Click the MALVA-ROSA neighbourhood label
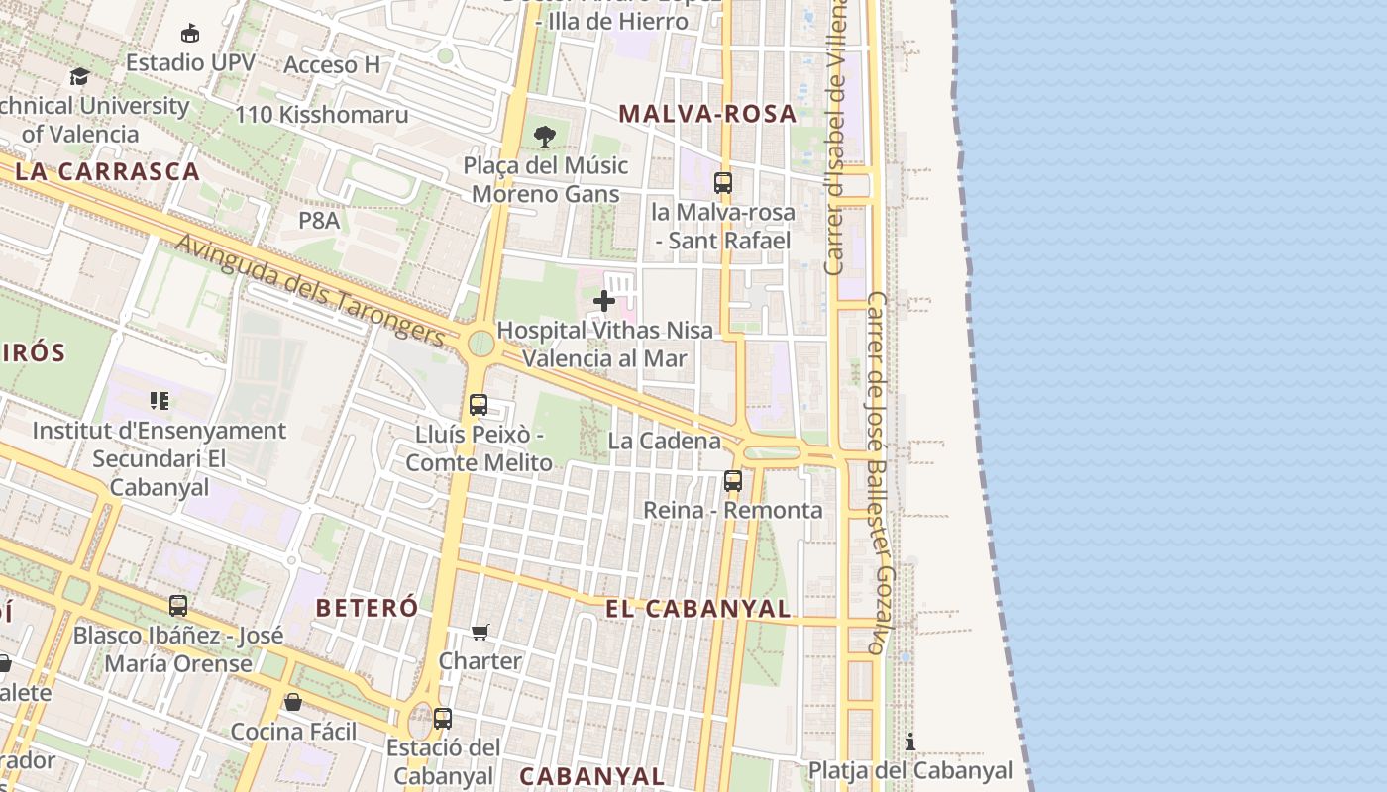click(707, 114)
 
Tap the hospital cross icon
click(603, 301)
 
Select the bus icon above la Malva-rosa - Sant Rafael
click(723, 183)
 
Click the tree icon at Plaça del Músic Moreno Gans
click(544, 137)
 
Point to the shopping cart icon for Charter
click(480, 632)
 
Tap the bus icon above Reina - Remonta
click(733, 481)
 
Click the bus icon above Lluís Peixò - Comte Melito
click(479, 405)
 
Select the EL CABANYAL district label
click(698, 609)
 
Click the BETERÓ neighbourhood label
click(367, 608)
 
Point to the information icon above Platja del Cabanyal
click(910, 742)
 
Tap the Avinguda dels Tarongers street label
click(310, 288)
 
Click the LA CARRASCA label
click(108, 171)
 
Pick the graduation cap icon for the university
click(79, 76)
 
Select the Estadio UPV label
click(190, 62)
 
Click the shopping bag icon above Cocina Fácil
click(293, 702)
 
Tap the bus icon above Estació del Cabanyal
click(443, 719)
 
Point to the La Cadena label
click(665, 441)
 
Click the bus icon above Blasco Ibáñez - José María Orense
click(178, 606)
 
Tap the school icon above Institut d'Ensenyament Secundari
click(160, 401)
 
